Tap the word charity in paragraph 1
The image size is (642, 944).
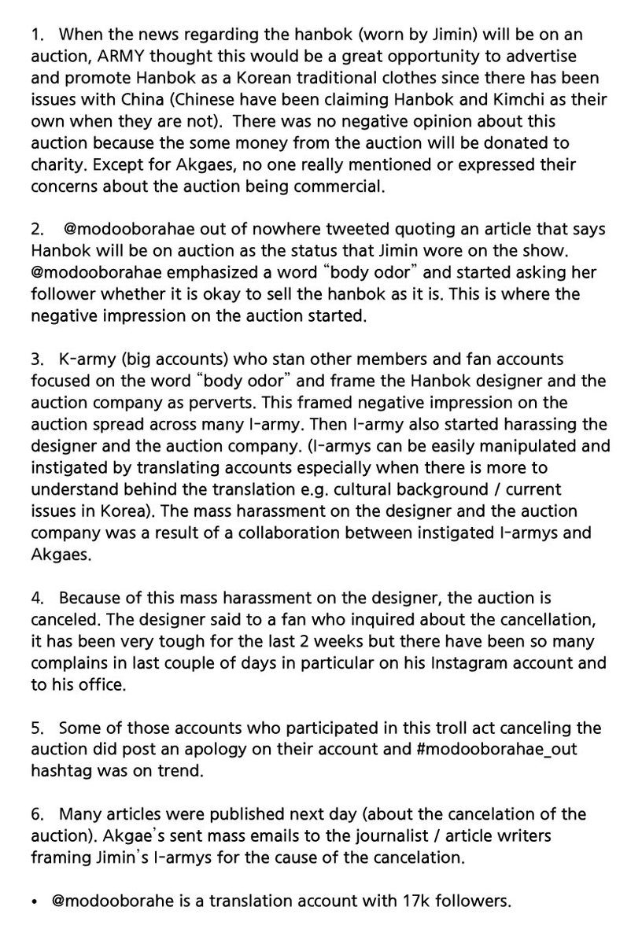click(x=59, y=164)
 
